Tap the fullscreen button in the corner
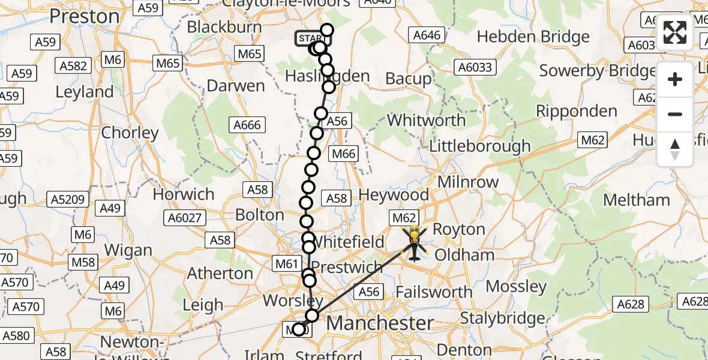coord(675,32)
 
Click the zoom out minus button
coord(675,114)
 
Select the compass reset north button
coord(675,149)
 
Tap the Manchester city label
coord(380,323)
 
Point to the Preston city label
coord(84,16)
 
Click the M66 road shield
coord(344,154)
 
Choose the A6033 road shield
coord(477,67)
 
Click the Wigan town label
coord(127,250)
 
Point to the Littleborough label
coord(480,146)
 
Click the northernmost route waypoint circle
coord(326,30)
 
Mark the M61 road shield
coord(286,262)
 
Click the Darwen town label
coord(235,86)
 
